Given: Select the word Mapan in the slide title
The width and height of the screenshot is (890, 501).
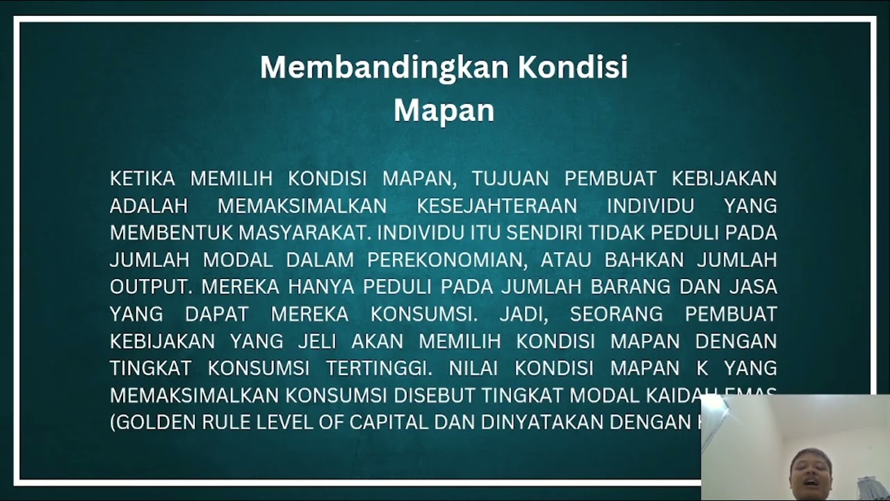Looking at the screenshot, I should pyautogui.click(x=444, y=110).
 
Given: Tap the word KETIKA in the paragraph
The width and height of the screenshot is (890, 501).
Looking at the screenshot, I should pyautogui.click(x=143, y=179).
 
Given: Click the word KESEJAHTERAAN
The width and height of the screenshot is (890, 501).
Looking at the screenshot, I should pyautogui.click(x=497, y=206).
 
